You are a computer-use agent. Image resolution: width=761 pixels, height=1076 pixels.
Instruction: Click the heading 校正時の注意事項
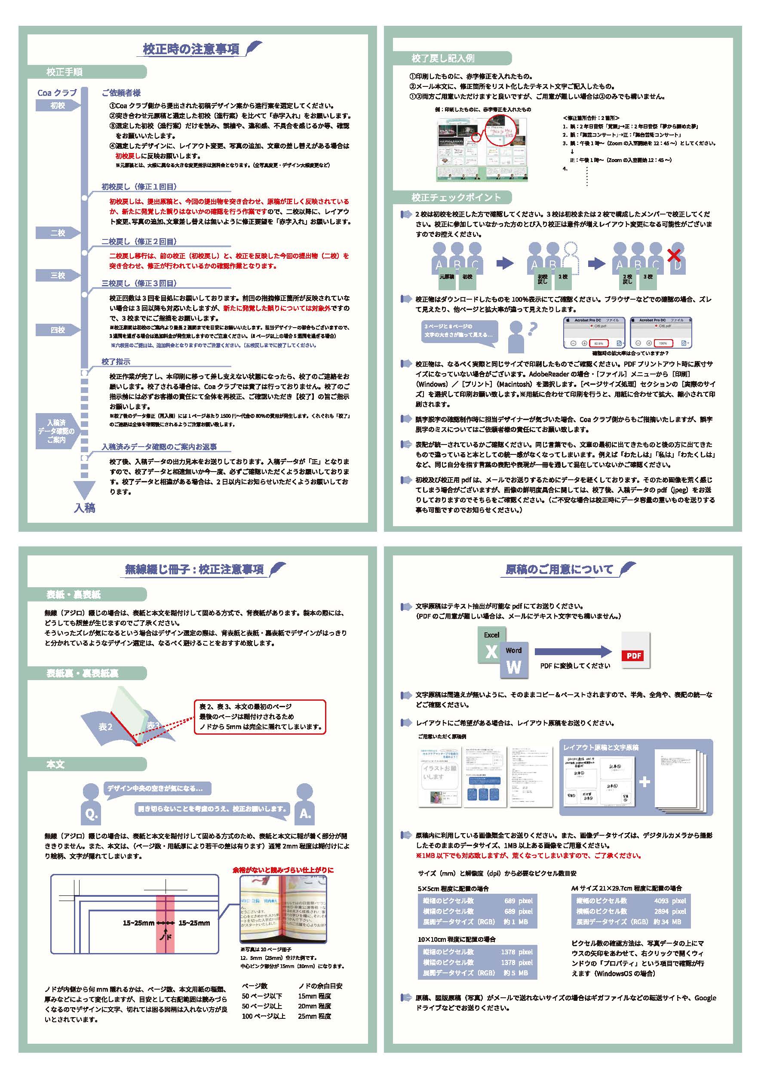[x=191, y=49]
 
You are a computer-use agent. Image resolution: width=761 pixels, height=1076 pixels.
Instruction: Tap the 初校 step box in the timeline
[x=58, y=106]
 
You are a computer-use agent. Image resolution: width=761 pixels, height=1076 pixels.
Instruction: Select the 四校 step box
[x=58, y=330]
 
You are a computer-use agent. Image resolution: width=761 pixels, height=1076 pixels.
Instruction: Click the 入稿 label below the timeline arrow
[x=85, y=508]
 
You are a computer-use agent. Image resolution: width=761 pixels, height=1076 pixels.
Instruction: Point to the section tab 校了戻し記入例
[x=443, y=58]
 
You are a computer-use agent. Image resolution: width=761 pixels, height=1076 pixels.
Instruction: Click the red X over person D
[x=674, y=255]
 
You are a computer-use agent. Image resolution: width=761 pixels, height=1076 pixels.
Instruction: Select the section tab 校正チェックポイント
[x=456, y=197]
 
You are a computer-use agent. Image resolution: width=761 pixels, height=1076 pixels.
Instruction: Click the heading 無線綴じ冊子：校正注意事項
[x=194, y=570]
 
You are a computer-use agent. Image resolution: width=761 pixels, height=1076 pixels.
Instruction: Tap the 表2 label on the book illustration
[x=105, y=727]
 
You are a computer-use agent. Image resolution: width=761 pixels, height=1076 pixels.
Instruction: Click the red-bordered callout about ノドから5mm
[x=260, y=717]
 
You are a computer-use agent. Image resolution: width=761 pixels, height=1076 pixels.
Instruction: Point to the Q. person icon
[x=92, y=804]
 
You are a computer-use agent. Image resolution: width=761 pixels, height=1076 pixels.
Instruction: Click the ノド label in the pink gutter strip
[x=165, y=937]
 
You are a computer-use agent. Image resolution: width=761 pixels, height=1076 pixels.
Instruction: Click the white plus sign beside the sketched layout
[x=645, y=781]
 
